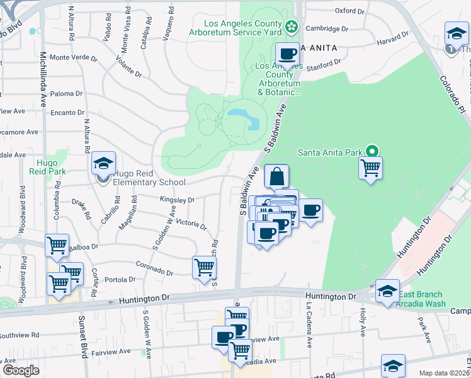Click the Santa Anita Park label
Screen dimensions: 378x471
(331, 152)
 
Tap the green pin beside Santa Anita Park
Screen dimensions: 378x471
(372, 151)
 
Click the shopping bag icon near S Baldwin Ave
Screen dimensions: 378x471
(276, 176)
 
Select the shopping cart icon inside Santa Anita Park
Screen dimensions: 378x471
(370, 168)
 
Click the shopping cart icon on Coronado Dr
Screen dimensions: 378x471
(204, 268)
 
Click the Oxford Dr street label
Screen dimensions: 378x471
(349, 11)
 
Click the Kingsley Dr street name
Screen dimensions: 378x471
(177, 200)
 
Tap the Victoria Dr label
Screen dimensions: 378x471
(191, 224)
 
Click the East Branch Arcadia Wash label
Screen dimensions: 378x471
(429, 299)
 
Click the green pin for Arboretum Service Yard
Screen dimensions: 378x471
(291, 26)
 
